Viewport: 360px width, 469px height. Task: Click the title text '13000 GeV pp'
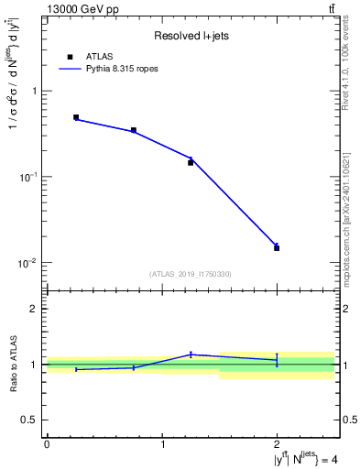pos(82,9)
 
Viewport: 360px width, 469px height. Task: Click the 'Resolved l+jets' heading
pos(190,35)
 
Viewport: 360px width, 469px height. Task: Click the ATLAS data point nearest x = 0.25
pos(76,117)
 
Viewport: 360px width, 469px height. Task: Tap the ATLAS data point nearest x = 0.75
pos(134,130)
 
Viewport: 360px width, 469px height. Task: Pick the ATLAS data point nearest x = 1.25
pos(191,162)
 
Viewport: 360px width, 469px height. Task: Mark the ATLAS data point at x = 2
pos(277,247)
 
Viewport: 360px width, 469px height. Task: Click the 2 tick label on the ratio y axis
pos(36,310)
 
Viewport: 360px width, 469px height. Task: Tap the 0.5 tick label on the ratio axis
pos(32,420)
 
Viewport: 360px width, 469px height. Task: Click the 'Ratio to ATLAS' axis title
pos(13,365)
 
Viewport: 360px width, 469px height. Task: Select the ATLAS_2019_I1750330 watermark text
pos(191,274)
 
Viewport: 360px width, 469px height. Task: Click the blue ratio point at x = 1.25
pos(191,354)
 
